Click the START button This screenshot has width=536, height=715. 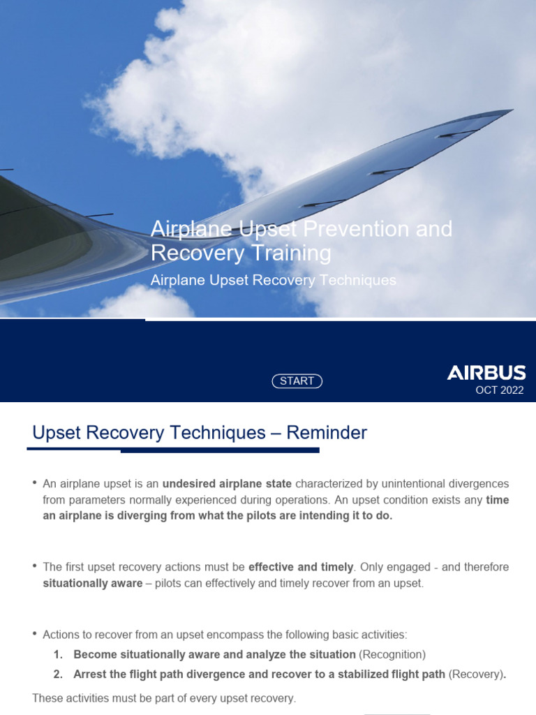coord(297,381)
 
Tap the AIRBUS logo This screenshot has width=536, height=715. coord(486,373)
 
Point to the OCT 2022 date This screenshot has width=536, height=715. coord(499,390)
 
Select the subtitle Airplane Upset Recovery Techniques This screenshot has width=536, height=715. coord(274,280)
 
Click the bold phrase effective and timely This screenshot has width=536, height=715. coord(301,568)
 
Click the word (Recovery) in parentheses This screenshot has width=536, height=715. coord(475,674)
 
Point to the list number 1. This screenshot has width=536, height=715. coord(58,654)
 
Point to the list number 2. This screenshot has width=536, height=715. coord(58,674)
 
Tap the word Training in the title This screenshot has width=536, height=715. coord(286,253)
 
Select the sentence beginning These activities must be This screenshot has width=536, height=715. coord(164,698)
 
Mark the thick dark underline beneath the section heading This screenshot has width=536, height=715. coord(220,450)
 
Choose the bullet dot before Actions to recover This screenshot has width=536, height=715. coord(35,634)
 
